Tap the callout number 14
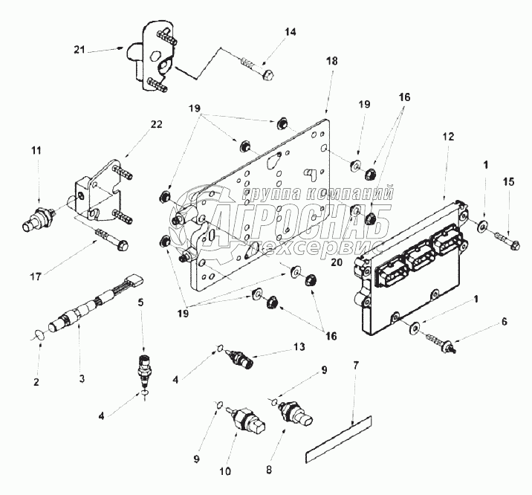point(290,31)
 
